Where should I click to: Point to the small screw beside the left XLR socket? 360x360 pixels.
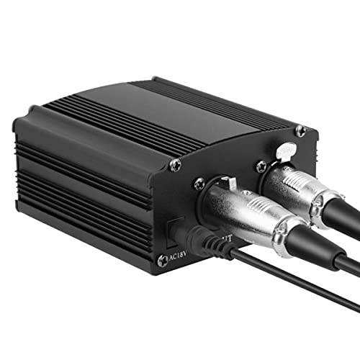199,185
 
